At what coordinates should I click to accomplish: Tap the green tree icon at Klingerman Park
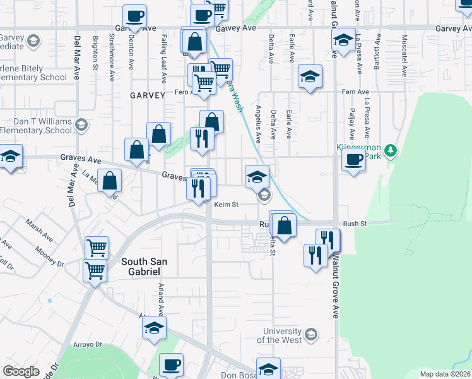391,150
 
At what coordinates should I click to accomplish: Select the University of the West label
283,335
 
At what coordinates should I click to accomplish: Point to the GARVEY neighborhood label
147,95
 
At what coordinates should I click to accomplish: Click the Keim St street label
225,205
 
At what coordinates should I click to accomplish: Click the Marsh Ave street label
38,230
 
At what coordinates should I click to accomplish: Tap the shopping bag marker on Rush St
285,226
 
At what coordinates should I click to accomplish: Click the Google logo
21,371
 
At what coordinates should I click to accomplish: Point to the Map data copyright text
445,373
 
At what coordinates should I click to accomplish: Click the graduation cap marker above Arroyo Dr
153,328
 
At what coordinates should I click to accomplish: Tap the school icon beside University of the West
310,334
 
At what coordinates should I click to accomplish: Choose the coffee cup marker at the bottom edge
171,364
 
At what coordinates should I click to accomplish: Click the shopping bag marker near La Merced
110,181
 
